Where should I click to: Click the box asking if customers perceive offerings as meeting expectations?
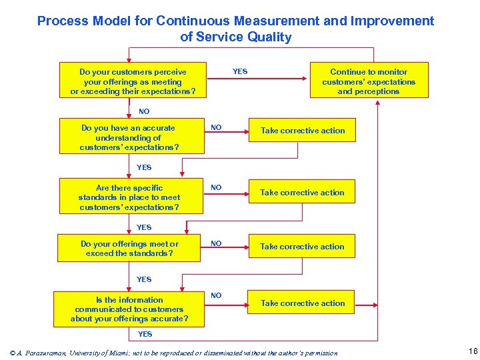(133, 81)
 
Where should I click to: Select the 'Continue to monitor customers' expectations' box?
(369, 81)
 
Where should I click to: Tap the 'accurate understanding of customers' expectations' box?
(129, 137)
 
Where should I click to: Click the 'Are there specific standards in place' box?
(129, 197)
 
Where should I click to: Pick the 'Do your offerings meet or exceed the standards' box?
(129, 249)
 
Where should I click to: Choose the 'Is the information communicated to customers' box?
(129, 309)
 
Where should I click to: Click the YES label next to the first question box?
(240, 71)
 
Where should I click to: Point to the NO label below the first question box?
(144, 111)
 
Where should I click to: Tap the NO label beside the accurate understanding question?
(216, 127)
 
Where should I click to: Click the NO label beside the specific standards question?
(216, 188)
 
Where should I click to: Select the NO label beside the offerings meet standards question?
(216, 243)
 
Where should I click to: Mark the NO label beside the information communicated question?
(216, 295)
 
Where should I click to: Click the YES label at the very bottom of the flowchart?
(145, 334)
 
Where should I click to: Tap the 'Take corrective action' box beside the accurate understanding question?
(303, 131)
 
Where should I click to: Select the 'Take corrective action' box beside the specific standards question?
(303, 193)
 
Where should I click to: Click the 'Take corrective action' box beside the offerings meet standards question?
(303, 247)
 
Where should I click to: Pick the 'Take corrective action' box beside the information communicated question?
(303, 303)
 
